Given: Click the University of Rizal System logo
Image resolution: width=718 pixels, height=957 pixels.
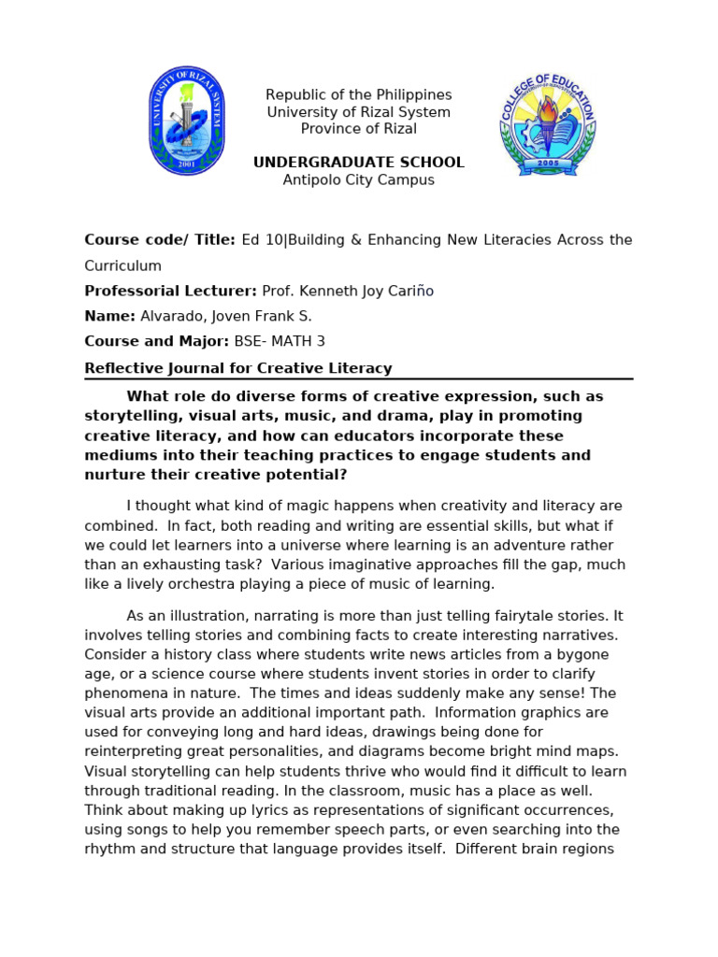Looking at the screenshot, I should pyautogui.click(x=187, y=121).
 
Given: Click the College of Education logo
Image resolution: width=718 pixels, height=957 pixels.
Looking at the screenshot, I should pyautogui.click(x=547, y=122).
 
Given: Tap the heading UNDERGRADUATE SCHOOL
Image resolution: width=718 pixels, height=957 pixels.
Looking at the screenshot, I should pyautogui.click(x=358, y=163).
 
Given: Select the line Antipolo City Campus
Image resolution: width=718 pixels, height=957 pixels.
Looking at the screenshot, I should pyautogui.click(x=358, y=180).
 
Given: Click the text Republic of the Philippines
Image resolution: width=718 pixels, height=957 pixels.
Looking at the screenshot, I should pyautogui.click(x=358, y=95).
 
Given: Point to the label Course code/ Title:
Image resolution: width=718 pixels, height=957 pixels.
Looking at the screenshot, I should pyautogui.click(x=160, y=240).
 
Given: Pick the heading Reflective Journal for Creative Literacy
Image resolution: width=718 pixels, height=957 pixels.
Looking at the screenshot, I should pyautogui.click(x=238, y=368).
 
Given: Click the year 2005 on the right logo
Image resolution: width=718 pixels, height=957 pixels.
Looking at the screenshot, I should pyautogui.click(x=548, y=163).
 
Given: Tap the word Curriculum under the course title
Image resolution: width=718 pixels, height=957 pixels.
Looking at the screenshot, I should pyautogui.click(x=122, y=266).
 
